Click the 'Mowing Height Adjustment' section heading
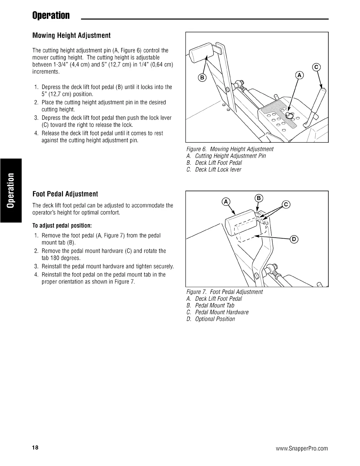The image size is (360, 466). pos(71,36)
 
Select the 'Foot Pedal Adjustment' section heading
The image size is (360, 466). pos(65,194)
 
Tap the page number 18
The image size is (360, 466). pos(35,448)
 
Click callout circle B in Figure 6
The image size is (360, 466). pos(203,78)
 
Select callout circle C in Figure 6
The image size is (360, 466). pos(316,67)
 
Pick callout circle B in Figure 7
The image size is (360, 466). pos(259,198)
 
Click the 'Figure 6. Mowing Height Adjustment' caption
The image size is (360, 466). pos(230,149)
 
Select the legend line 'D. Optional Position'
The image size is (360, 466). pos(211,319)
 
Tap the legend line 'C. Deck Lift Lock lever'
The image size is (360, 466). pos(214,169)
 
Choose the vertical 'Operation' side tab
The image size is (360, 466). pos(11,190)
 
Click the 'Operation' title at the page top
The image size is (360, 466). pos(51,15)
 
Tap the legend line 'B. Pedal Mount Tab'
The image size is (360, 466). pos(211,305)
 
